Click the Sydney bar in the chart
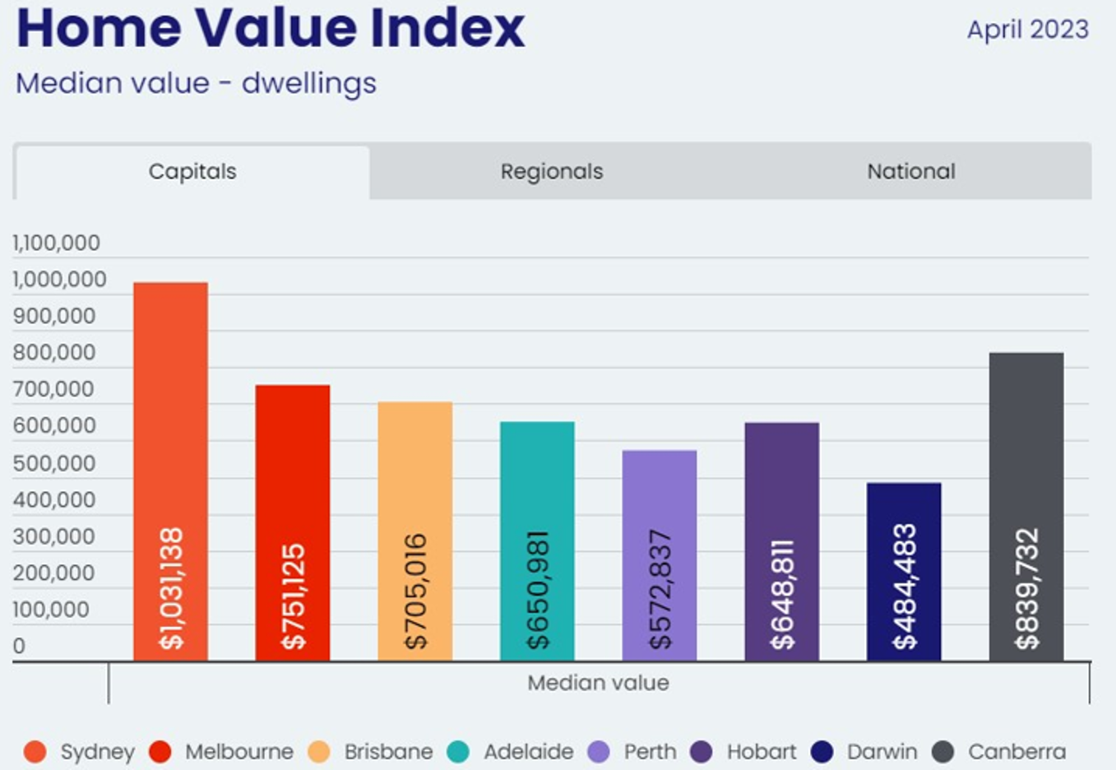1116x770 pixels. coord(170,411)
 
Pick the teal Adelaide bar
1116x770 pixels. coord(537,477)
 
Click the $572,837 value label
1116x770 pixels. coord(660,589)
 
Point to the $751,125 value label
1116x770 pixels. coord(293,596)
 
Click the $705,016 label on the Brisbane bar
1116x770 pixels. coord(415,591)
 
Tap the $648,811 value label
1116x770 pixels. coord(781,594)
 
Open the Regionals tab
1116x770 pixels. coord(551,171)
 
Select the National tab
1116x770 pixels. coord(910,171)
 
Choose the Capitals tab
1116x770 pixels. coord(192,171)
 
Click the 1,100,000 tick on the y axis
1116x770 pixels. coord(56,243)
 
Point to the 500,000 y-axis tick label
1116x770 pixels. coord(54,463)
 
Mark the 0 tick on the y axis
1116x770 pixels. coord(19,646)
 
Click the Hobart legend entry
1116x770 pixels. coord(744,751)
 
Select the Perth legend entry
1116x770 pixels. coord(633,751)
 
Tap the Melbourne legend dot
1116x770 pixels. coord(160,751)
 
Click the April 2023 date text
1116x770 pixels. coord(1027,30)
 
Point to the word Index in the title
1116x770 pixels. coord(447,28)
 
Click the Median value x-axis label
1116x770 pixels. coord(598,683)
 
